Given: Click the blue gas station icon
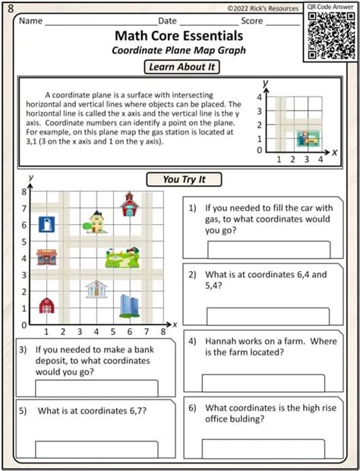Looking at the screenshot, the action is [47, 224].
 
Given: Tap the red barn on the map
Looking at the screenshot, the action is [47, 305].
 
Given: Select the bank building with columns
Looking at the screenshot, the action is [96, 289].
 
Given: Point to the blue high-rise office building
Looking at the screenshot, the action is [128, 305].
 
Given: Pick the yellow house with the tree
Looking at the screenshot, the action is [98, 222].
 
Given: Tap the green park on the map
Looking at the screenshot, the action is [123, 258].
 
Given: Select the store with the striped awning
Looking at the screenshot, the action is [47, 257].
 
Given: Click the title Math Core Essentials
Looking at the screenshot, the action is [178, 36].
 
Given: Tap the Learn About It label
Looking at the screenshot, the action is [182, 68].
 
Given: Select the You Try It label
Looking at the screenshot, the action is [182, 180].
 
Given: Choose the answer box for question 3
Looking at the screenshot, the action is [96, 388].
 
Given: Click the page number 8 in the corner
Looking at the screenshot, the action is [9, 8].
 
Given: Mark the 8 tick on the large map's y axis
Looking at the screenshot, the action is [24, 191].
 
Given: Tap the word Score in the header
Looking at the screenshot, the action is [252, 21].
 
